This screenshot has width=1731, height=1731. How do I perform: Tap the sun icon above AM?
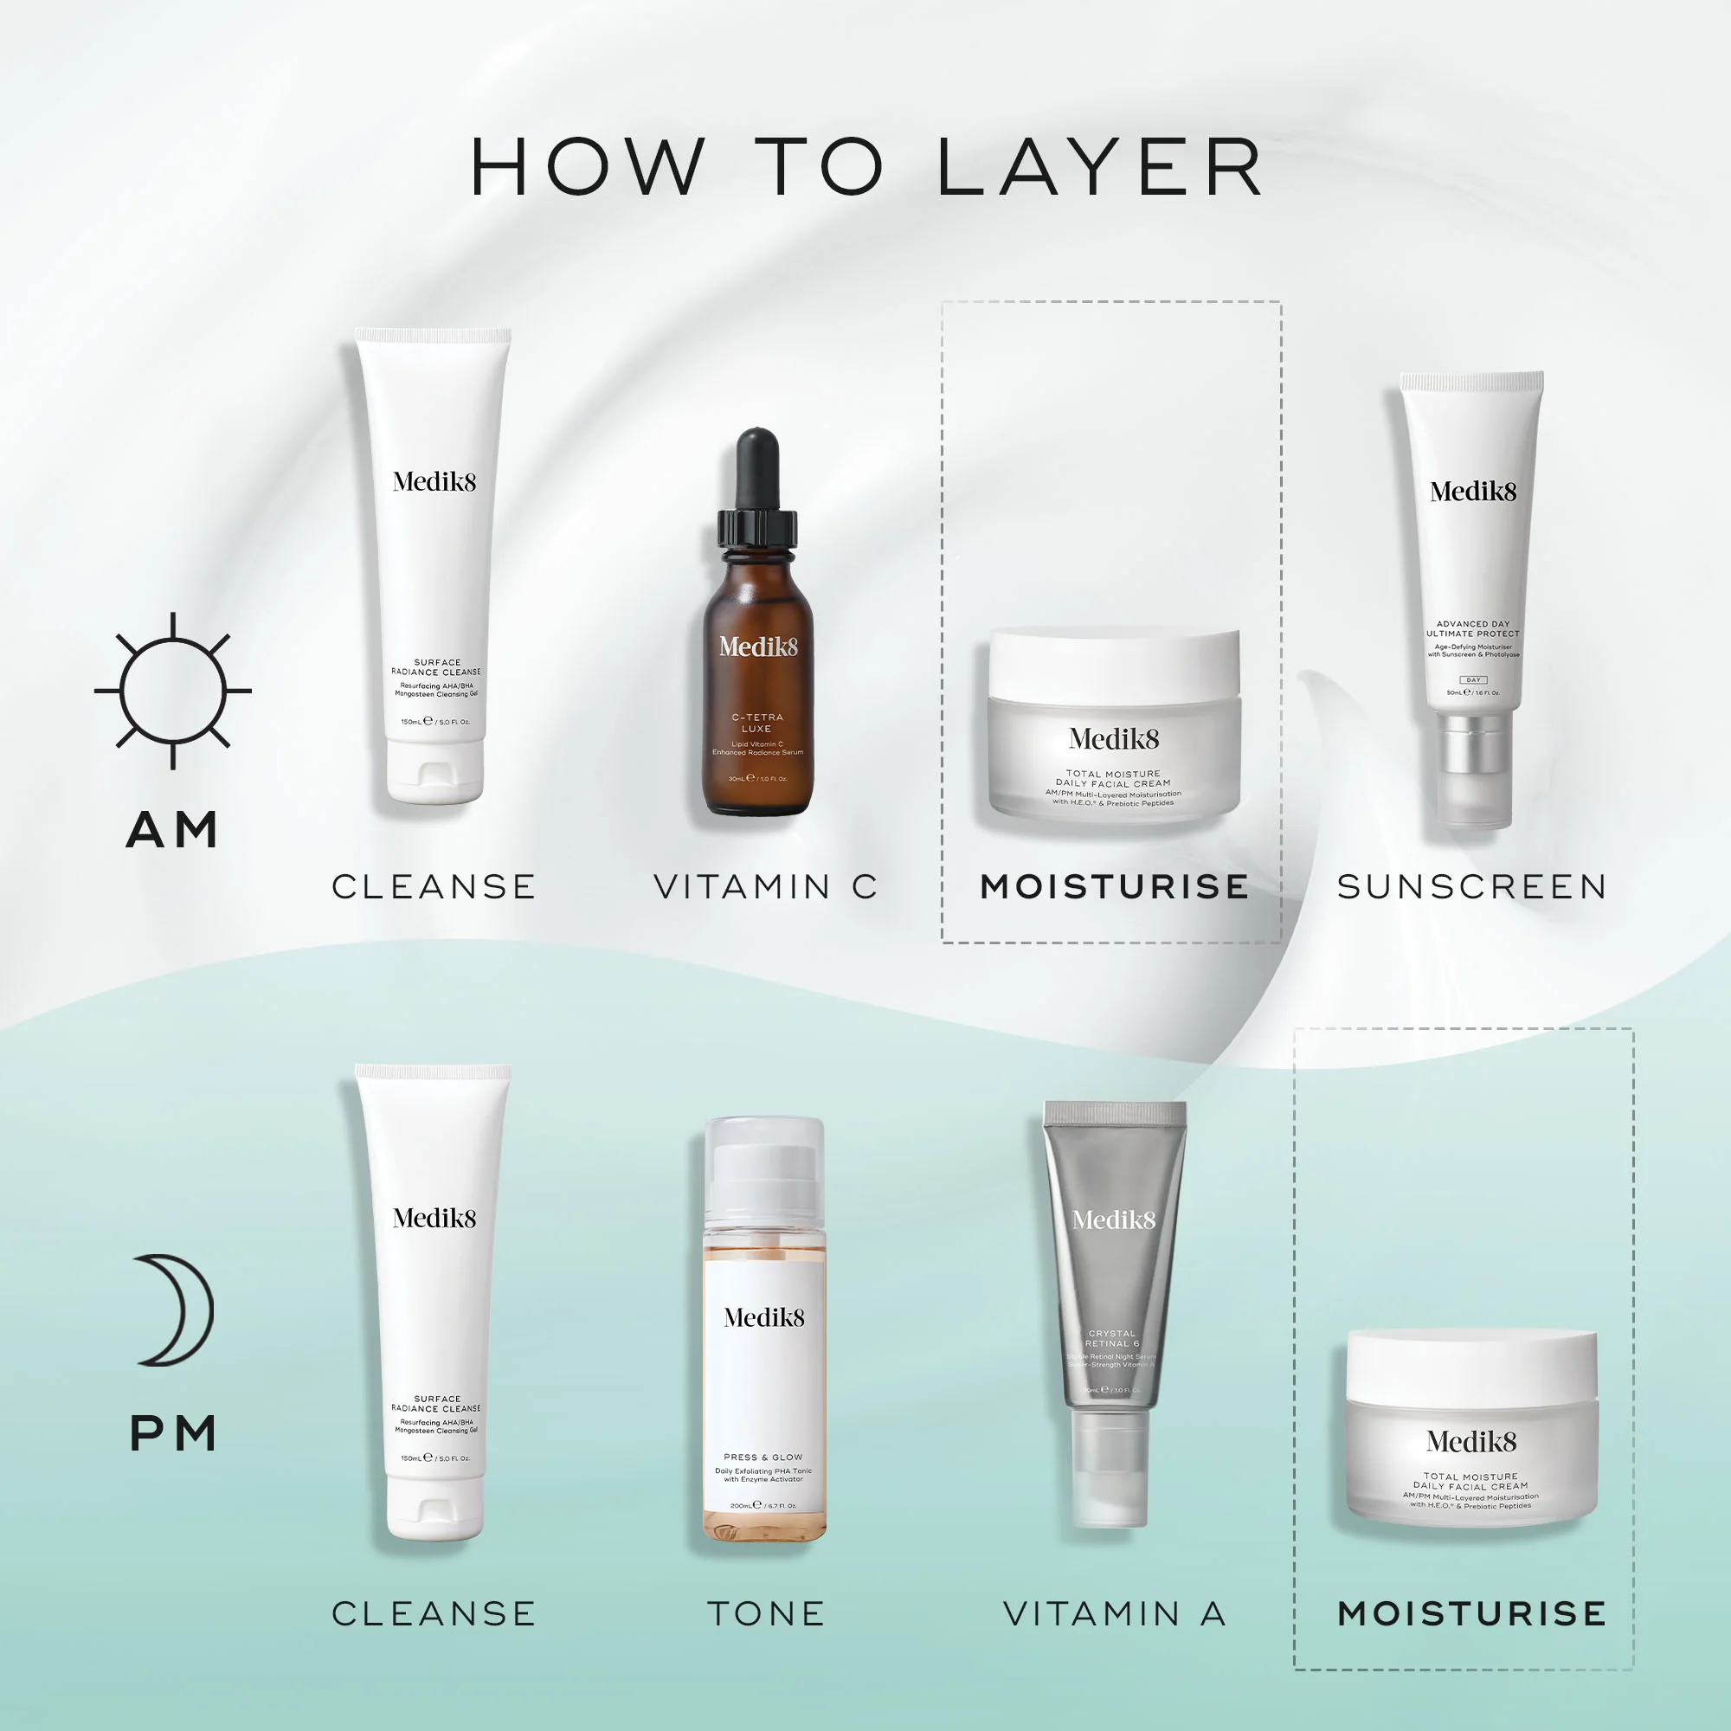pos(173,691)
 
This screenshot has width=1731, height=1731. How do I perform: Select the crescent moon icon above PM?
pos(177,1310)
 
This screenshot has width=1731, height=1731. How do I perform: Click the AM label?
pos(173,830)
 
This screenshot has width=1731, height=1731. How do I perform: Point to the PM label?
pos(173,1433)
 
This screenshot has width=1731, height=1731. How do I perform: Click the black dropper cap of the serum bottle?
pos(757,479)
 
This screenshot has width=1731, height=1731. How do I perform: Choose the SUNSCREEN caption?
pos(1472,887)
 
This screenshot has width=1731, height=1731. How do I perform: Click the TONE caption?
pos(766,1613)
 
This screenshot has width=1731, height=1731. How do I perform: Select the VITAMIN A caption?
pos(1115,1613)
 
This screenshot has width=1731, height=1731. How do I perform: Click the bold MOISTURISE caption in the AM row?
pos(1115,887)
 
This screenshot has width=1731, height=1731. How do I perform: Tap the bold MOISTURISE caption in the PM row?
pos(1472,1613)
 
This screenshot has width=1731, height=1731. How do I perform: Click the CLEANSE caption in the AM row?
pos(434,887)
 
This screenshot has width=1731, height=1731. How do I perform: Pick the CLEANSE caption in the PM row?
pos(434,1613)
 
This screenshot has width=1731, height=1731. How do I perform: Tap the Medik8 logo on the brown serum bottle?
pos(758,647)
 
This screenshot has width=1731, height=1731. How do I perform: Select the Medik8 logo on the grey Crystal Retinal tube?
pos(1114,1219)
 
